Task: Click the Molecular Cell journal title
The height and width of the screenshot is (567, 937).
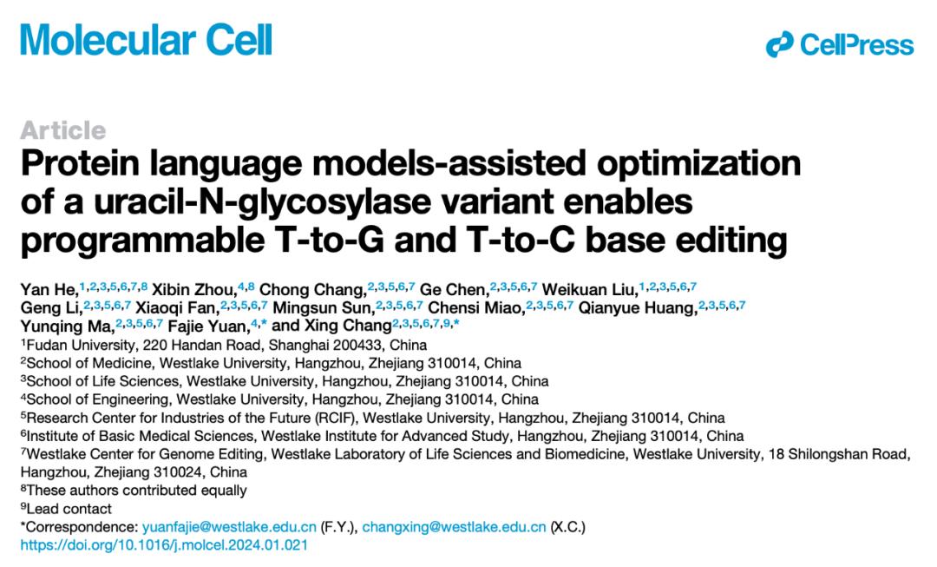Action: click(147, 40)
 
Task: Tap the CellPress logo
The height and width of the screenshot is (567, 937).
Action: click(840, 45)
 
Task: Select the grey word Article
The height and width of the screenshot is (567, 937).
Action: click(63, 130)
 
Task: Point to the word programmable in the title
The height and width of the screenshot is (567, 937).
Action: click(142, 241)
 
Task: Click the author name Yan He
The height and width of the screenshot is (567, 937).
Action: click(47, 290)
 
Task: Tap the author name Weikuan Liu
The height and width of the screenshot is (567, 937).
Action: click(588, 290)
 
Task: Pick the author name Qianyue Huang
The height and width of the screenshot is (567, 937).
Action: click(636, 308)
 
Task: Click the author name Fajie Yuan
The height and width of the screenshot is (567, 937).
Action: click(206, 326)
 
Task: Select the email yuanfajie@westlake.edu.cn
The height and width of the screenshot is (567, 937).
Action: click(229, 527)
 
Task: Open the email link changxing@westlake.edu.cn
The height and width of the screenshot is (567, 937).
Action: click(454, 527)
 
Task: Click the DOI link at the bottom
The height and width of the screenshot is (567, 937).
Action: click(164, 545)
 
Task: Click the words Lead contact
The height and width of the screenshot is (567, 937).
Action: click(69, 509)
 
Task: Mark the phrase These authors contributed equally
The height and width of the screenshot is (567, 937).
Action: click(137, 491)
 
